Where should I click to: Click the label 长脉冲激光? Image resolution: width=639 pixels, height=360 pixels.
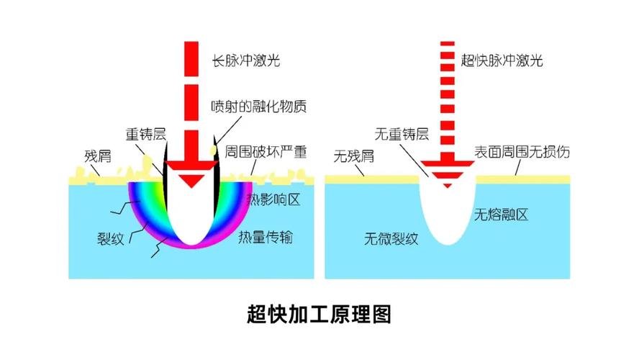click(245, 60)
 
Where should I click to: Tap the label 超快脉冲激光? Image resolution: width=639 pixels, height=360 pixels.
click(502, 60)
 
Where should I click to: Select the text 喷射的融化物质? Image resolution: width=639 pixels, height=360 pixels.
click(259, 107)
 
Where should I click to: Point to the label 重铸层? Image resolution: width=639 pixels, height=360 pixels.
click(146, 134)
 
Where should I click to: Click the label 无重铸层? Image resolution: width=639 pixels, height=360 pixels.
click(402, 134)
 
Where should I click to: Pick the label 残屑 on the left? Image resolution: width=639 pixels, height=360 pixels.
click(98, 156)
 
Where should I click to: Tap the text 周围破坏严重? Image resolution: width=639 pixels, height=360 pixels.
click(266, 152)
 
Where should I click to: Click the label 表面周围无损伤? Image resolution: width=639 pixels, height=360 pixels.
click(522, 152)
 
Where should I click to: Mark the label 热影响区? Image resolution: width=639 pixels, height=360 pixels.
click(273, 199)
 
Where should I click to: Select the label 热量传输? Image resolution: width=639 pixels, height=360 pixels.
click(266, 237)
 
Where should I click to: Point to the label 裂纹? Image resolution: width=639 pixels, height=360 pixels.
click(110, 238)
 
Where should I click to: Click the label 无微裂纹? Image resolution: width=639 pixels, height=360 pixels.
click(391, 238)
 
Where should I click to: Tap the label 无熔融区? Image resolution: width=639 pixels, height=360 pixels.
click(502, 215)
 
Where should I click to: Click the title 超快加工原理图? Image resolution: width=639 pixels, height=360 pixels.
click(319, 314)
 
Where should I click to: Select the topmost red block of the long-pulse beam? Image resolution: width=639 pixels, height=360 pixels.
click(191, 59)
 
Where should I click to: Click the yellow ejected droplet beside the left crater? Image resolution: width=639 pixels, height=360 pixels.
click(213, 150)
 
